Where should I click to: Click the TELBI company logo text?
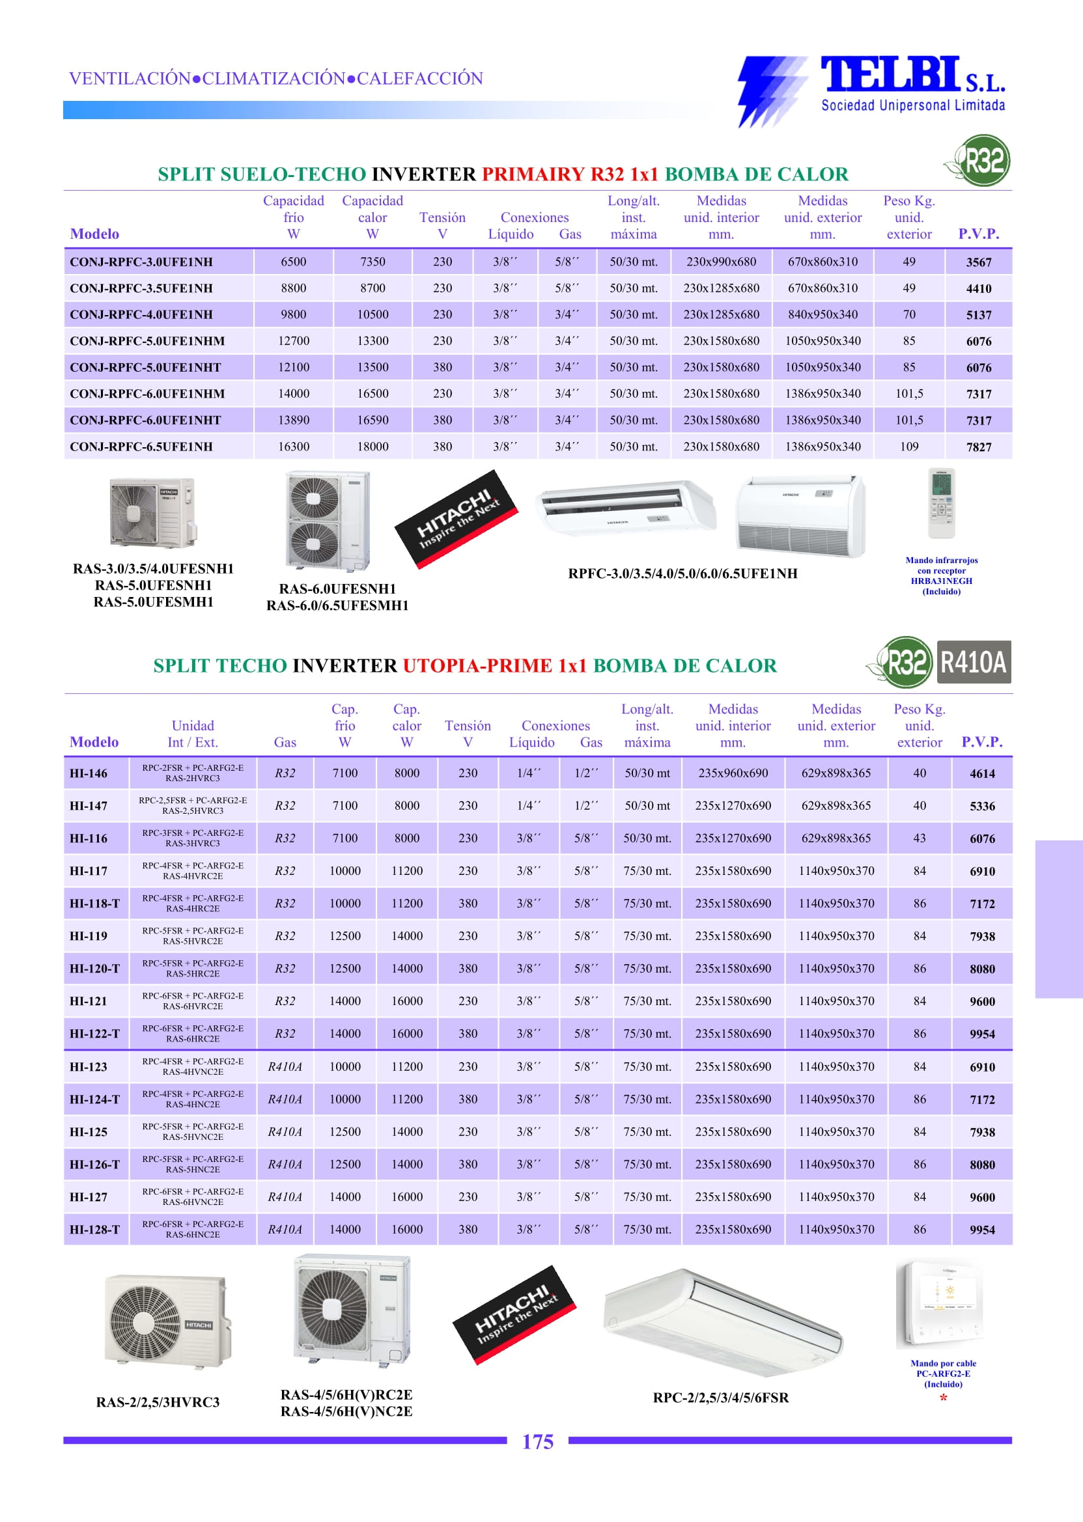point(890,75)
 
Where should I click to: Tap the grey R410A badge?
point(973,662)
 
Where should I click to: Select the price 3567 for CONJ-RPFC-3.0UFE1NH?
point(978,262)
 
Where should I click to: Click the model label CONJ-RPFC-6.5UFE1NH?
point(141,447)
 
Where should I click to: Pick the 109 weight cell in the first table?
point(909,447)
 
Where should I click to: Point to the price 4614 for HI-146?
point(981,774)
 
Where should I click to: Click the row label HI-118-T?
point(94,904)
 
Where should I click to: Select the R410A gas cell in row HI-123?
point(285,1067)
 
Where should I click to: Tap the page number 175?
point(537,1442)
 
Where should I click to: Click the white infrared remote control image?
point(941,503)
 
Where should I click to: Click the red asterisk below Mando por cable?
point(943,1399)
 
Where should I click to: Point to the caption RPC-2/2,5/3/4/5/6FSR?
point(720,1398)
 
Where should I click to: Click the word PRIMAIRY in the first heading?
point(533,174)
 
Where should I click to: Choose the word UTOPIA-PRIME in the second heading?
point(477,666)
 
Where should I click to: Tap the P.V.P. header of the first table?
point(978,234)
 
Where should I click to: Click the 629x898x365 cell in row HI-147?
point(836,806)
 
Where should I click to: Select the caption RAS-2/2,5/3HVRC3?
point(158,1402)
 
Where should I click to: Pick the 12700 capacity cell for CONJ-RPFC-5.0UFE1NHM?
point(294,341)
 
